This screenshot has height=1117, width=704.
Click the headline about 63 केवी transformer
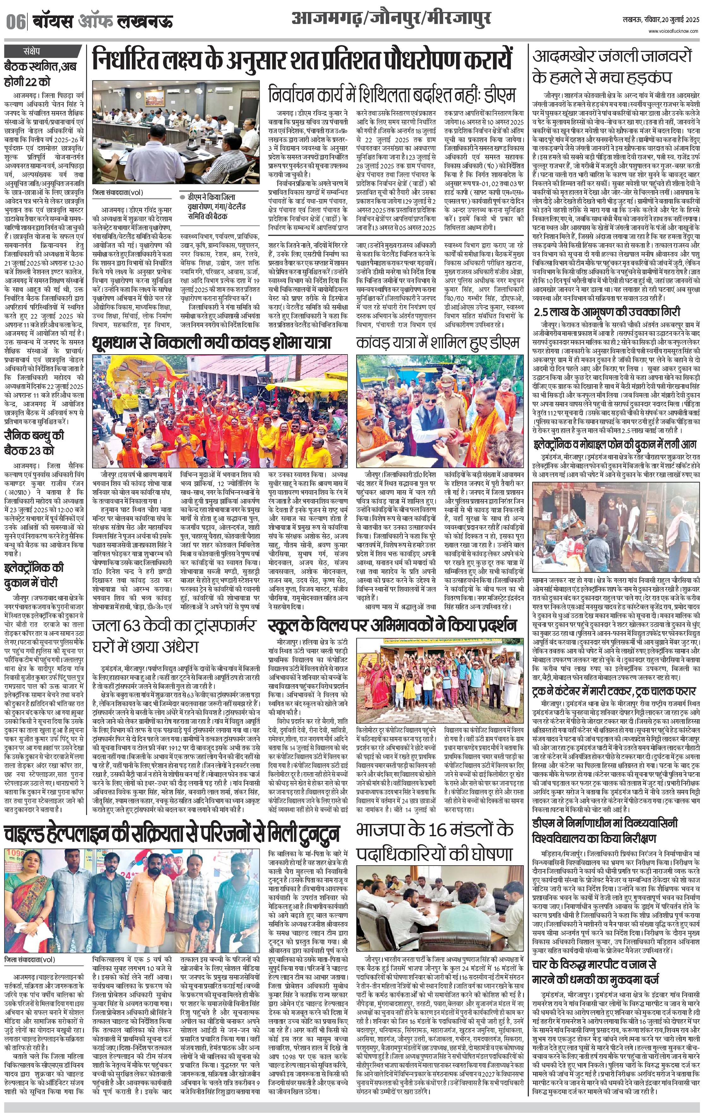pos(173,636)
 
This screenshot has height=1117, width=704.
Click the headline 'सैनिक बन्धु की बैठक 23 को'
pos(35,443)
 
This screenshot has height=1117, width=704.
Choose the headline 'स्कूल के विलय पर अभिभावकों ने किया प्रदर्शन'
pos(392,625)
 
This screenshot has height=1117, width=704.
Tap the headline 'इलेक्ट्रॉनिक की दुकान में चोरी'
pos(35,575)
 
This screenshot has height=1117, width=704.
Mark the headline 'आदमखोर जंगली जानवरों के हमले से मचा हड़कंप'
pos(612,66)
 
